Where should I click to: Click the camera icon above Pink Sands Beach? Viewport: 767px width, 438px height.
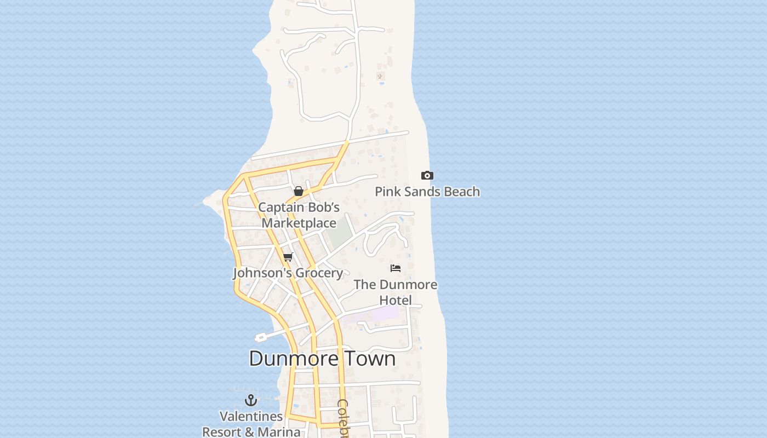427,176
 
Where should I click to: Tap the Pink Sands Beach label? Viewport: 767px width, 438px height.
427,192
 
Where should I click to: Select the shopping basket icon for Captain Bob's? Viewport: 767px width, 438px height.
299,191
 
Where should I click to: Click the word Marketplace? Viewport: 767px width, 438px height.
299,223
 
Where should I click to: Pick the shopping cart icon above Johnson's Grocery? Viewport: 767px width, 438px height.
288,257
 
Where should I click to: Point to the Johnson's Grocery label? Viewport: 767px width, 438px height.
288,273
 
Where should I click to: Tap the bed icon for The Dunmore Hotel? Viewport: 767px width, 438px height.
396,268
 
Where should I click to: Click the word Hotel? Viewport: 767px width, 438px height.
396,301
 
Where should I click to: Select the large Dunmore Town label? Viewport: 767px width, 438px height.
322,359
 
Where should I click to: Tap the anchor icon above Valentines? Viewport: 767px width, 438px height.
251,400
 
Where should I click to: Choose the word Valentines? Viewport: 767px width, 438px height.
251,416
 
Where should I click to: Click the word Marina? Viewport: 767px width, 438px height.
279,432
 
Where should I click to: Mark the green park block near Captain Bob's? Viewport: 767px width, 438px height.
338,233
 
